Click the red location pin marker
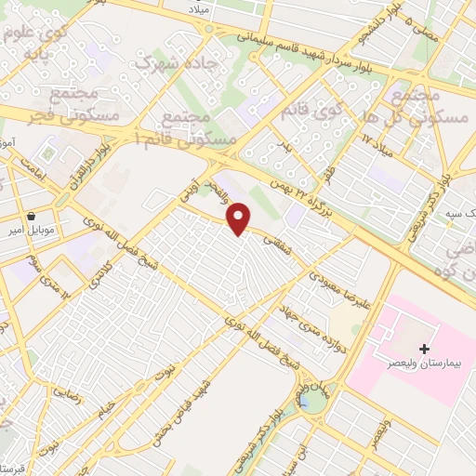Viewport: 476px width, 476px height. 239,219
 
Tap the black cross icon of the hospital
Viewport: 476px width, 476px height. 425,350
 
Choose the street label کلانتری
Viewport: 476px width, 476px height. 96,268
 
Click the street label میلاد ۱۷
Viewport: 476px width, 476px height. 379,142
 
